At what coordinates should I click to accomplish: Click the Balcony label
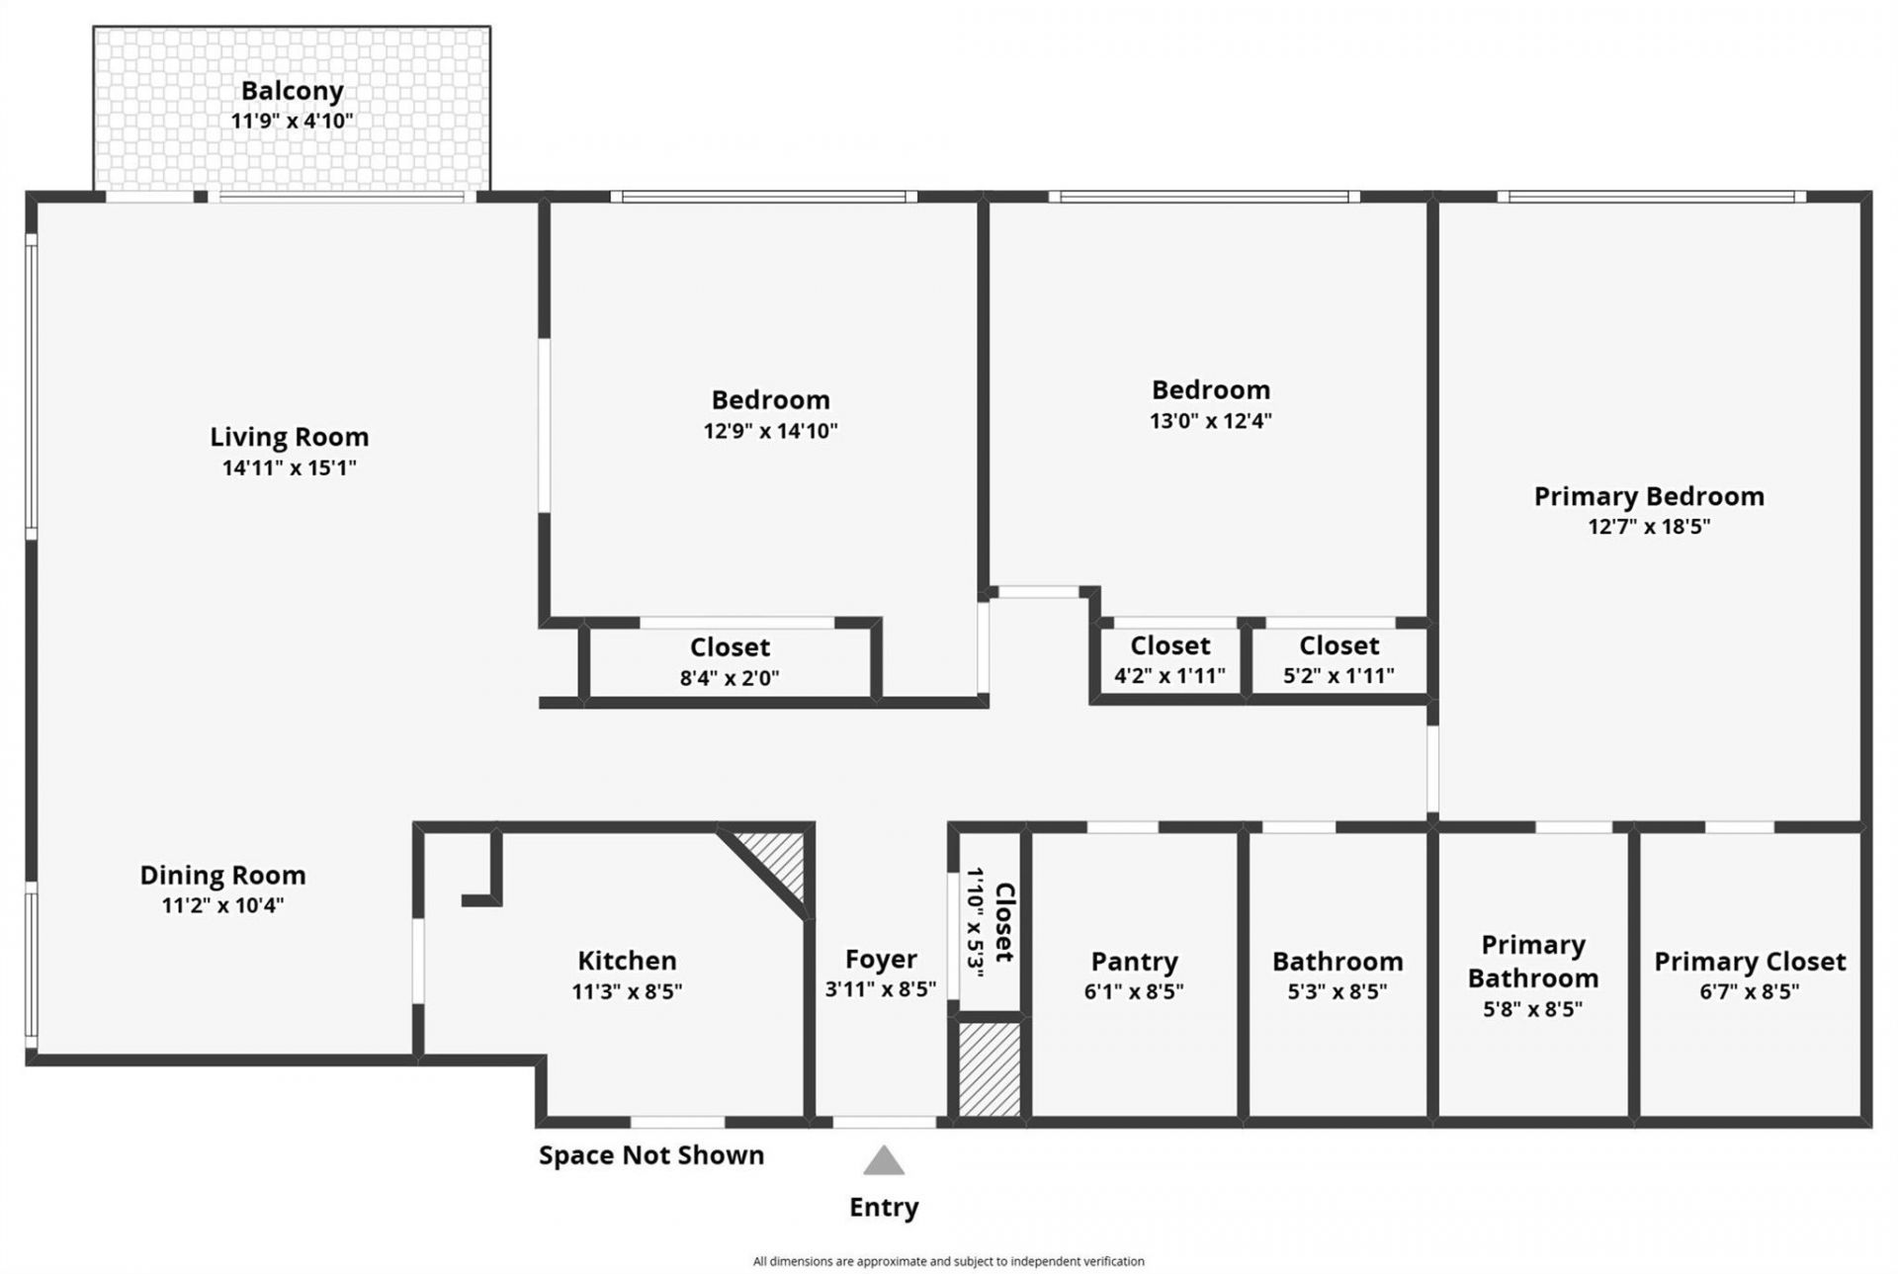(x=292, y=91)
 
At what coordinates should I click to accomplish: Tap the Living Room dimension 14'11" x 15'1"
(x=289, y=467)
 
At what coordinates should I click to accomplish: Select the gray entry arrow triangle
(x=883, y=1161)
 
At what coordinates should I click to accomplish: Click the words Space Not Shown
(x=650, y=1155)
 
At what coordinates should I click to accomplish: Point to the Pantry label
(x=1134, y=961)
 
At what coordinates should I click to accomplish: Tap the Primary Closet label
(x=1750, y=961)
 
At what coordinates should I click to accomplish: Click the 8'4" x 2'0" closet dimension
(x=730, y=678)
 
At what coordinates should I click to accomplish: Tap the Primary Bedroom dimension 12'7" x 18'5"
(x=1648, y=527)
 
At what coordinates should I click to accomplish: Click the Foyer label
(x=881, y=959)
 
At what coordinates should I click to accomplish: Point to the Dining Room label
(x=222, y=875)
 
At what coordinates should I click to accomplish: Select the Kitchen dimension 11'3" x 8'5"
(x=627, y=991)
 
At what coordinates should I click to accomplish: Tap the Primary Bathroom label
(x=1532, y=961)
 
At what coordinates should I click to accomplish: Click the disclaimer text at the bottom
(x=948, y=1261)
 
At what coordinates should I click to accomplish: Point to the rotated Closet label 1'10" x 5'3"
(x=989, y=922)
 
